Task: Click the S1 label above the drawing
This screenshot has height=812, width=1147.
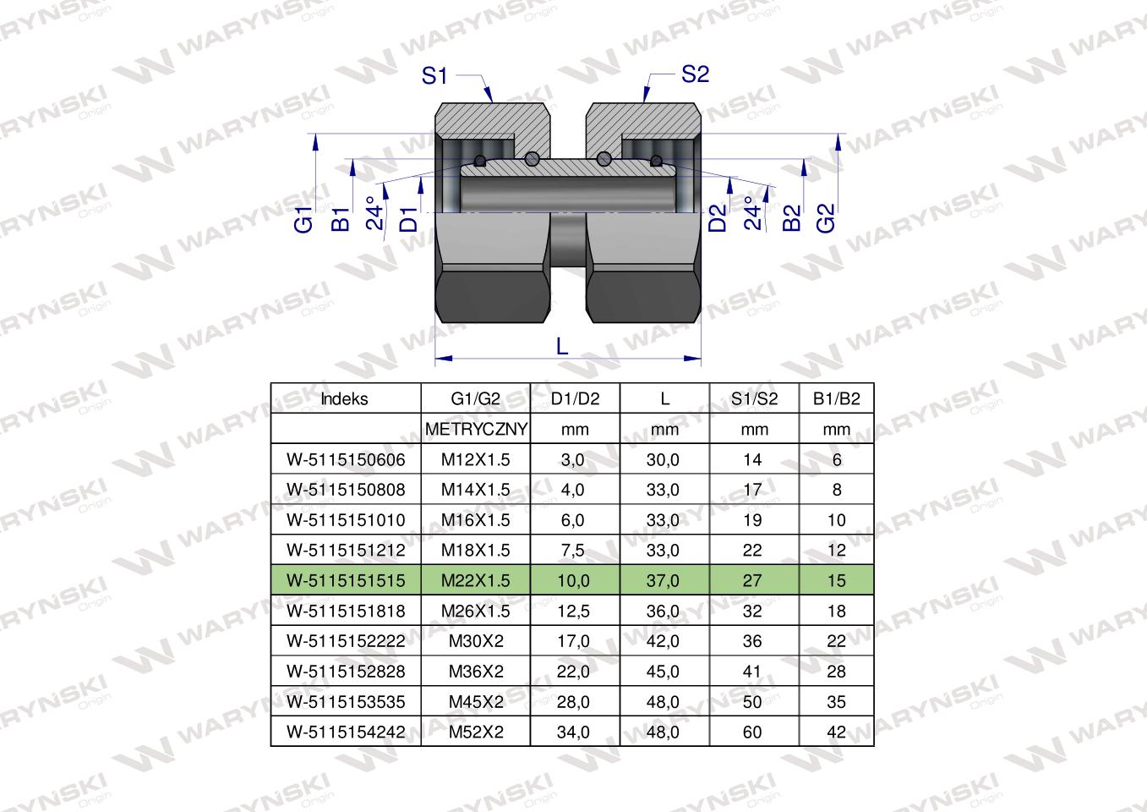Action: (x=434, y=76)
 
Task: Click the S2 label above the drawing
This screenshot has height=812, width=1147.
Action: (x=695, y=74)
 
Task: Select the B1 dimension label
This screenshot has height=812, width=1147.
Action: (x=340, y=219)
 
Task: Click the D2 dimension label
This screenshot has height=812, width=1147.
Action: (x=718, y=218)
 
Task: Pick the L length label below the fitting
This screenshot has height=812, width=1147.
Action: (x=562, y=345)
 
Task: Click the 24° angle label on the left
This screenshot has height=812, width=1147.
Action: (x=376, y=214)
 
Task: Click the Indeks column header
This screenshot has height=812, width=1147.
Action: (x=345, y=399)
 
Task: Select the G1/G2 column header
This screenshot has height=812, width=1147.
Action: (x=475, y=399)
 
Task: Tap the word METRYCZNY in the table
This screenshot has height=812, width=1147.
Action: (x=476, y=430)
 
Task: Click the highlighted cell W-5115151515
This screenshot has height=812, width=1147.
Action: (x=346, y=580)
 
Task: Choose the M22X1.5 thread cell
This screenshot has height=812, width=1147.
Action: (x=475, y=580)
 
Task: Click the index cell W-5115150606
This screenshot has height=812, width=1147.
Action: (x=346, y=460)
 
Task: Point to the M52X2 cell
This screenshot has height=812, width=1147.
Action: (x=475, y=732)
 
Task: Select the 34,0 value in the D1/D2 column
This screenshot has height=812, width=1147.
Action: (x=573, y=732)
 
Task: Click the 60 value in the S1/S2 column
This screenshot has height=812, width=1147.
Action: (x=751, y=732)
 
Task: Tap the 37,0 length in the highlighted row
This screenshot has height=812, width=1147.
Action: (x=663, y=580)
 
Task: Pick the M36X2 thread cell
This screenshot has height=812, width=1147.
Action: (x=475, y=672)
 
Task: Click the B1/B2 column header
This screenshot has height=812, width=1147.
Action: (x=836, y=399)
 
